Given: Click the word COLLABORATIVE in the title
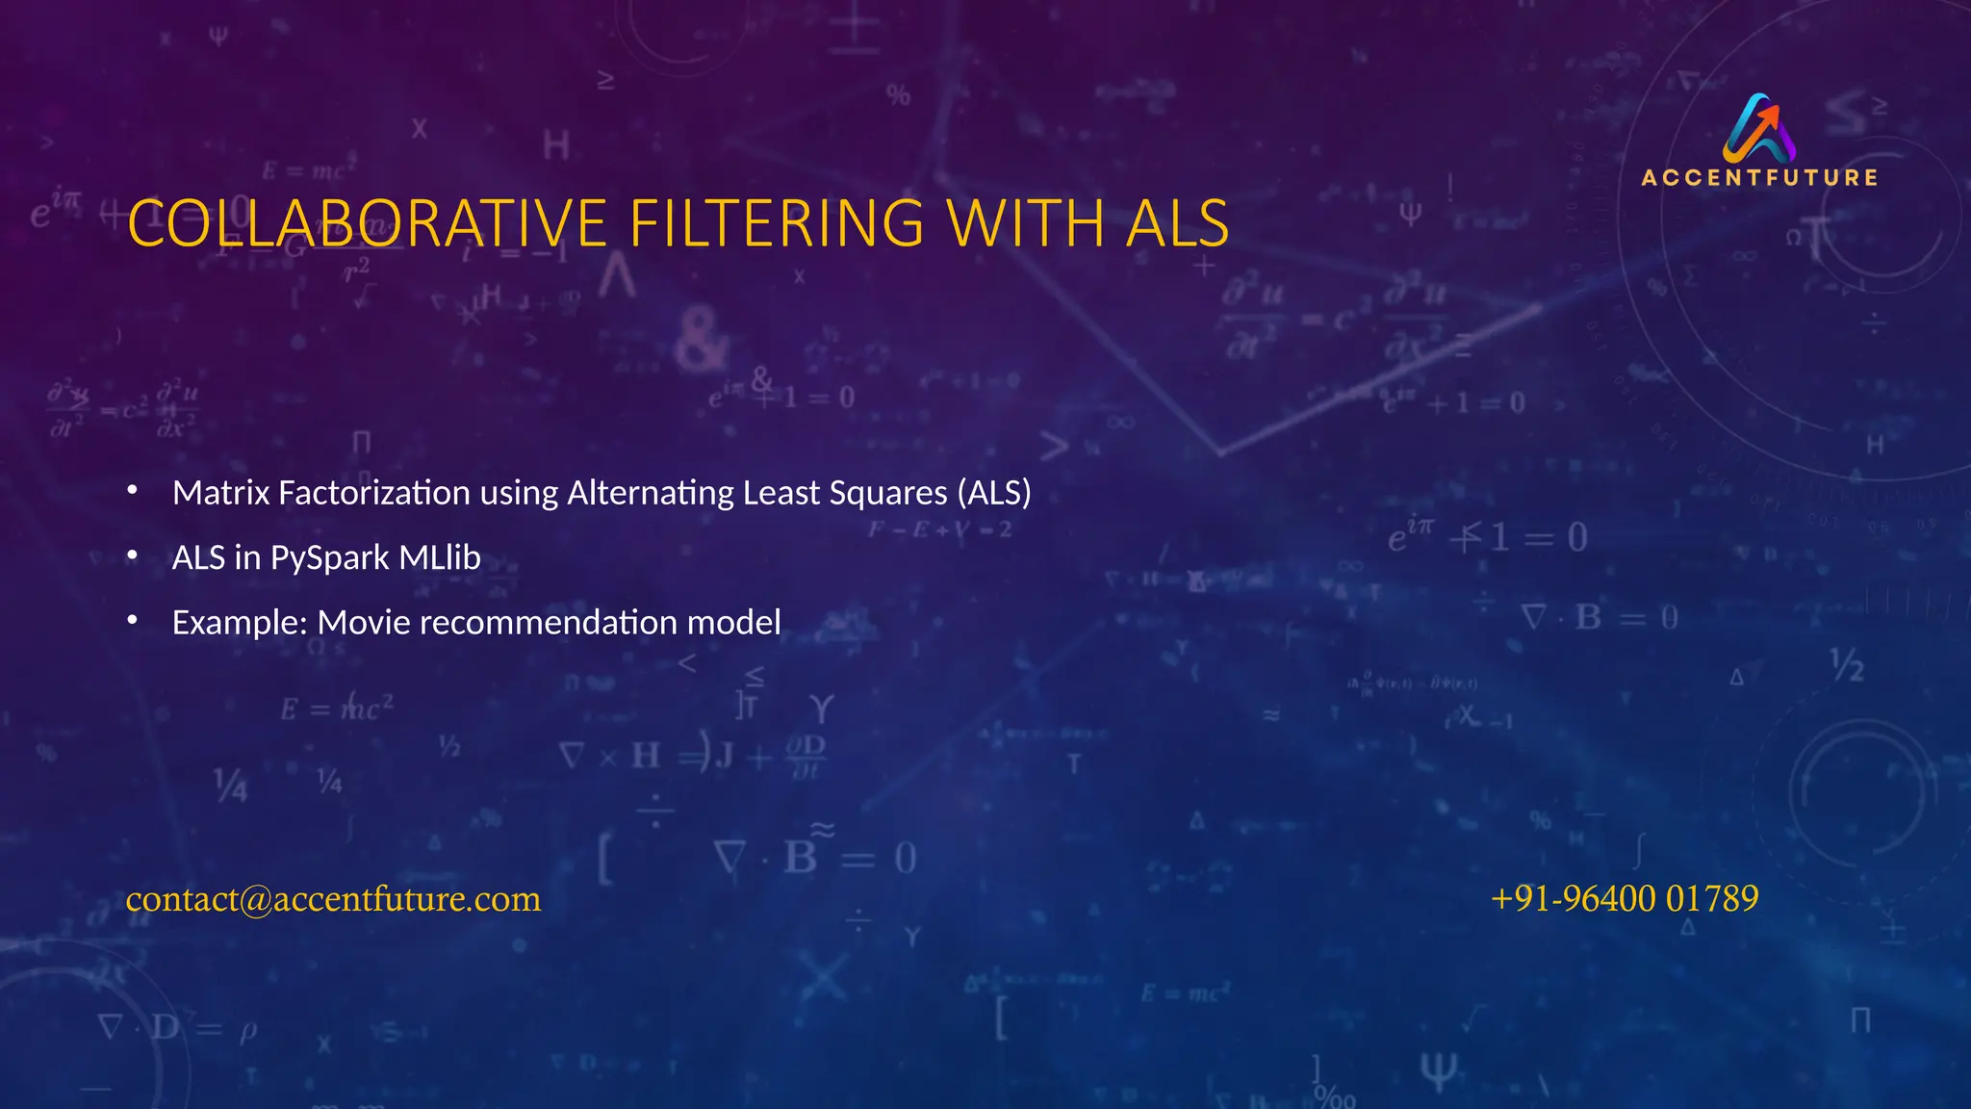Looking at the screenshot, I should coord(367,223).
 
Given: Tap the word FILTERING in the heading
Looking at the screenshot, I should coord(777,223).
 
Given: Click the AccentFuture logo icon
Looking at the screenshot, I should coord(1759,128).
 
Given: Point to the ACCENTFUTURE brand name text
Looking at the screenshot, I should coord(1759,178).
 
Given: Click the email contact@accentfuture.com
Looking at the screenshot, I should coord(333,898).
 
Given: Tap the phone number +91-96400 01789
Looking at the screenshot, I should coord(1625,898).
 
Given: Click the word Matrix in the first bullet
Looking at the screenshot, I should coord(221,493).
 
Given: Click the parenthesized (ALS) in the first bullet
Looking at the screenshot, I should coord(994,493).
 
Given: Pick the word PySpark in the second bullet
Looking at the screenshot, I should coord(329,557).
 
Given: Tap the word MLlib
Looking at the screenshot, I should coord(440,557).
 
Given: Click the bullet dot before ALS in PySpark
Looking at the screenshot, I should coord(133,556).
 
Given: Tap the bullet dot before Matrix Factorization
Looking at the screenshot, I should coord(133,492).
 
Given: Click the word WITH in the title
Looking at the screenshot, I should coord(1025,223).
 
